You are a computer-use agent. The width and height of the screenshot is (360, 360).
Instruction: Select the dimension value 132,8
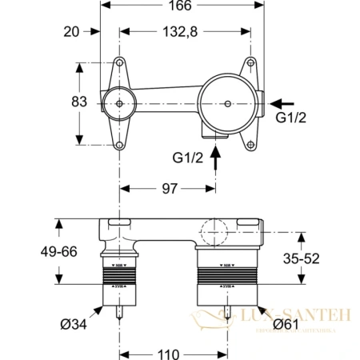[x=170, y=33]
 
